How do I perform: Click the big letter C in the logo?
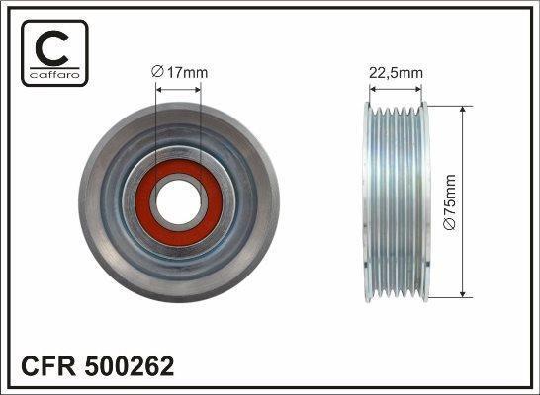point(51,48)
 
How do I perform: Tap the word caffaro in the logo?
point(54,75)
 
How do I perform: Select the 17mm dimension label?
point(179,72)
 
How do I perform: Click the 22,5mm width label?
point(396,73)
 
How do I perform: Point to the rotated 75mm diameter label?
point(450,201)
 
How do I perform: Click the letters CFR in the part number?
point(47,366)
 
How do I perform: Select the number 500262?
point(130,366)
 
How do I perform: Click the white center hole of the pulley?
point(178,202)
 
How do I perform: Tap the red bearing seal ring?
point(179,202)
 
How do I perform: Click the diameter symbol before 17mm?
point(156,72)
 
